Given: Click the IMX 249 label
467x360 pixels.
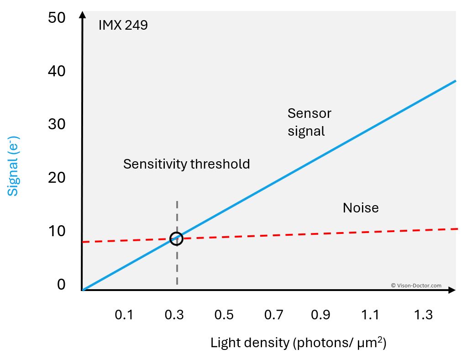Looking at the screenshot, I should [123, 25].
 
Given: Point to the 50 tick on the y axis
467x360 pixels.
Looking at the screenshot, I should [57, 18].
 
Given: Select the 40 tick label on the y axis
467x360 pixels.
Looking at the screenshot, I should [57, 71].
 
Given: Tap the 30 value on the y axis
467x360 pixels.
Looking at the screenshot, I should [57, 124].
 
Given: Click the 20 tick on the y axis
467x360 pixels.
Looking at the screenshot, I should [57, 178].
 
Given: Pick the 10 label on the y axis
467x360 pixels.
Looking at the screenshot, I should [57, 231].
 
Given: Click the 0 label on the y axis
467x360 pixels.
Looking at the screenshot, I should [61, 285].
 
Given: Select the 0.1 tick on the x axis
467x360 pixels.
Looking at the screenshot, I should [124, 315].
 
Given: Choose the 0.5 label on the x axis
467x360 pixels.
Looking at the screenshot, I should [224, 315].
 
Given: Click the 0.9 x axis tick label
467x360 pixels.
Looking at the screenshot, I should [320, 315].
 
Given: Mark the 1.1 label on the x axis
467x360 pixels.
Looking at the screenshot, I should [370, 315].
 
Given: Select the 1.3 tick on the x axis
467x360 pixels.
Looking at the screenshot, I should [423, 315].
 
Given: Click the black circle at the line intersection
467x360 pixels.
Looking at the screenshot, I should [176, 238].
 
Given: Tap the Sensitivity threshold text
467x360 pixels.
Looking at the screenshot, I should [186, 164].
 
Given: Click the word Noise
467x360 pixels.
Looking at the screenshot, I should [361, 208].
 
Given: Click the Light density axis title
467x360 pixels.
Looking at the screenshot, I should [298, 343].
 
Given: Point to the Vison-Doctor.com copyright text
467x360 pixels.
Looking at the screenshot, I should [416, 286].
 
